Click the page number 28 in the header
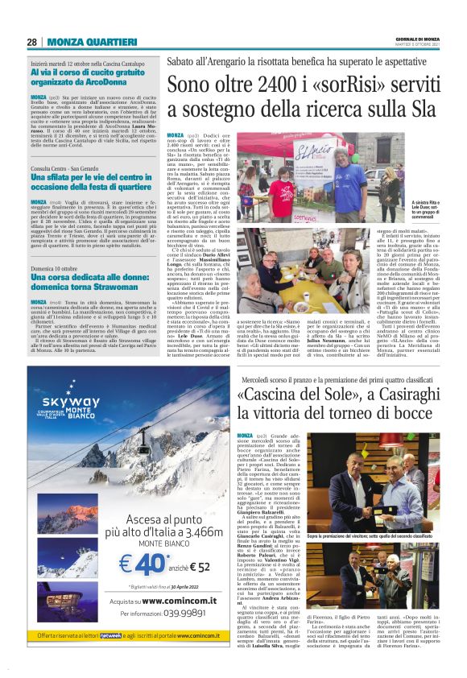coord(31,42)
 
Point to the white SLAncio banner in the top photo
coord(309,159)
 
